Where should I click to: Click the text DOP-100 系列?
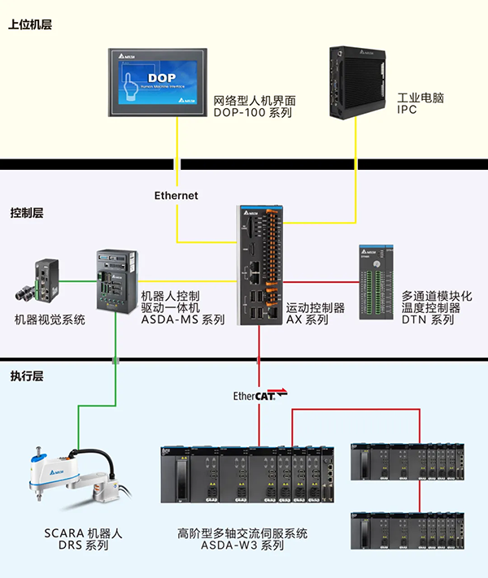[x=252, y=113]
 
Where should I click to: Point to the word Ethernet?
[x=176, y=196]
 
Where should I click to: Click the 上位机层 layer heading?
[x=30, y=25]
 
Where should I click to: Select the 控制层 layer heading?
[x=27, y=213]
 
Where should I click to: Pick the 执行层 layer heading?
[x=27, y=376]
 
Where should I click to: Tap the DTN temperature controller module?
[x=377, y=281]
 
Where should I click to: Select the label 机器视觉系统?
[x=50, y=320]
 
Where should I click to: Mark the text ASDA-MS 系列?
[x=183, y=320]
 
